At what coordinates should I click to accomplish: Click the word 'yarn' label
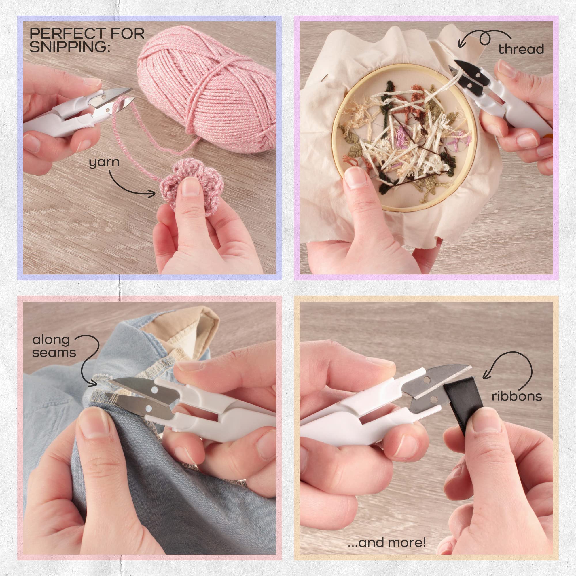point(104,163)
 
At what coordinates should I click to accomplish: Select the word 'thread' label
point(521,49)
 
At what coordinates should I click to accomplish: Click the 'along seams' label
point(54,346)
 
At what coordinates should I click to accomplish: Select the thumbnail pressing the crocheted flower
point(190,187)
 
